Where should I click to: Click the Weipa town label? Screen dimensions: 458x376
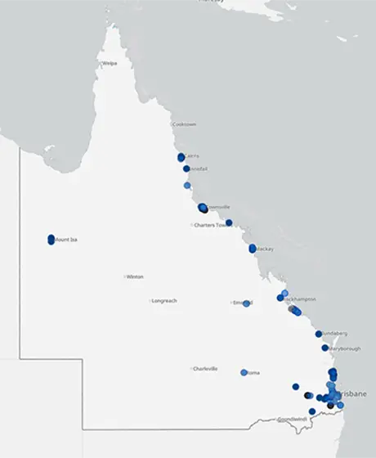(x=109, y=63)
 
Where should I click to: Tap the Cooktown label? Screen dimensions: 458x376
(x=185, y=124)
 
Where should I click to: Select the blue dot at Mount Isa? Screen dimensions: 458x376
(x=51, y=239)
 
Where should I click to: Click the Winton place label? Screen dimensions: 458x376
(x=135, y=276)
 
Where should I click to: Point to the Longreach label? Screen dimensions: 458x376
(x=164, y=301)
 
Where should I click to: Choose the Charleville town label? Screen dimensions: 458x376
(x=205, y=369)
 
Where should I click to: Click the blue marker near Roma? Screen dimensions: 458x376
(x=244, y=372)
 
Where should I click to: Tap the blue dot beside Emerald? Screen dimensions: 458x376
(x=246, y=303)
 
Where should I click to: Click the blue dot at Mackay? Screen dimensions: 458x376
(x=253, y=248)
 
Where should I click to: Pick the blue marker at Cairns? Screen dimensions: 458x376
(x=181, y=157)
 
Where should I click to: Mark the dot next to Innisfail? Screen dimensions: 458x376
(x=186, y=168)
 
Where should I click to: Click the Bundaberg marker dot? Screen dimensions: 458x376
(x=319, y=334)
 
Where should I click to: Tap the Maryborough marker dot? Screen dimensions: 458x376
(x=325, y=348)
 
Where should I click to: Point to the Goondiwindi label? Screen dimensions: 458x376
(x=292, y=419)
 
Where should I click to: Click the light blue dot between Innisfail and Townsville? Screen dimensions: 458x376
(x=187, y=186)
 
